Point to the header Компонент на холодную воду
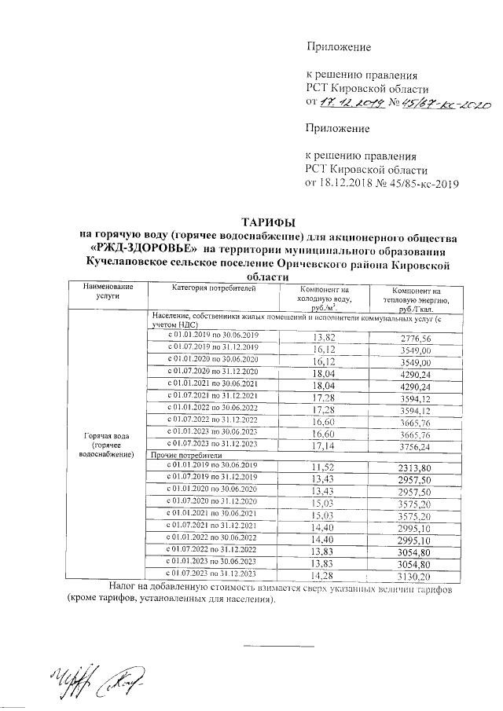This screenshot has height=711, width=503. (323, 299)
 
